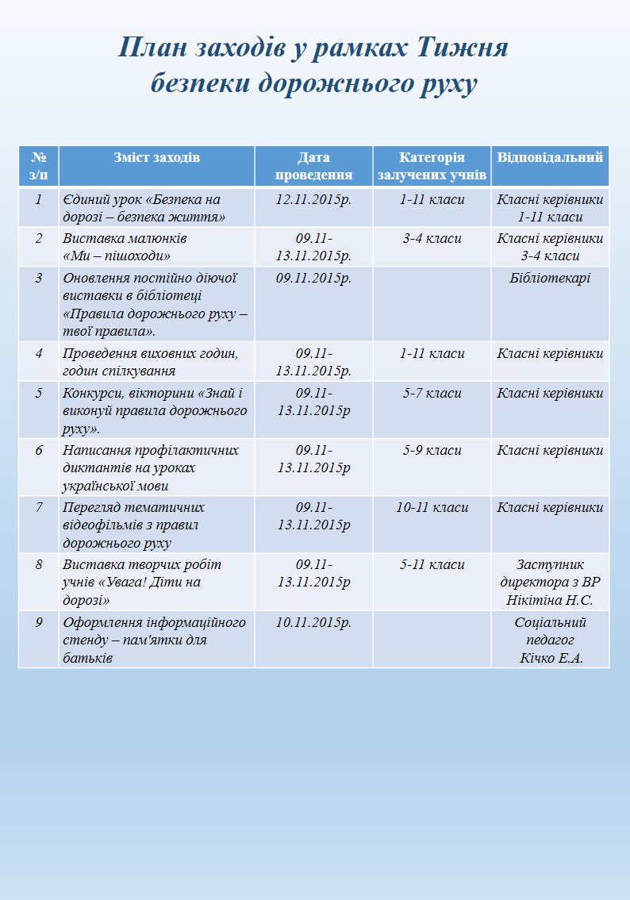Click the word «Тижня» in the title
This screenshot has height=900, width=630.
coord(462,48)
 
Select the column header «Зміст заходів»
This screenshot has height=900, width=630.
coord(156,157)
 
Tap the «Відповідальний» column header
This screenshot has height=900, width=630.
coord(550,157)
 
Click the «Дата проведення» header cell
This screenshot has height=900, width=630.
coord(313,166)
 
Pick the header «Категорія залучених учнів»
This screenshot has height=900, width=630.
coord(432,166)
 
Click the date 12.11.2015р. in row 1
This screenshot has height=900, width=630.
coord(313,199)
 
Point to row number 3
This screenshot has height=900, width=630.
coord(38,278)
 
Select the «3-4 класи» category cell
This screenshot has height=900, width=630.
coord(432,238)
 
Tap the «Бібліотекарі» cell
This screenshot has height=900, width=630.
coord(550,278)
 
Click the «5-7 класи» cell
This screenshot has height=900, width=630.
coord(432,393)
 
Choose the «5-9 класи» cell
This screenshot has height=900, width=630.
coord(432,450)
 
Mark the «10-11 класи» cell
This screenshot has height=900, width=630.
coord(432,507)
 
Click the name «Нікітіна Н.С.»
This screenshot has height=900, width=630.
coord(550,600)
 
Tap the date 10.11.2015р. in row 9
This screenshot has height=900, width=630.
coord(313,622)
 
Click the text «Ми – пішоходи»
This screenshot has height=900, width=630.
coord(117,256)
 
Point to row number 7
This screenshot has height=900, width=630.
coord(38,507)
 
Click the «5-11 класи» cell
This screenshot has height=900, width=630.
coord(432,564)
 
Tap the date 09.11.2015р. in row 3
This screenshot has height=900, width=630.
coord(313,278)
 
